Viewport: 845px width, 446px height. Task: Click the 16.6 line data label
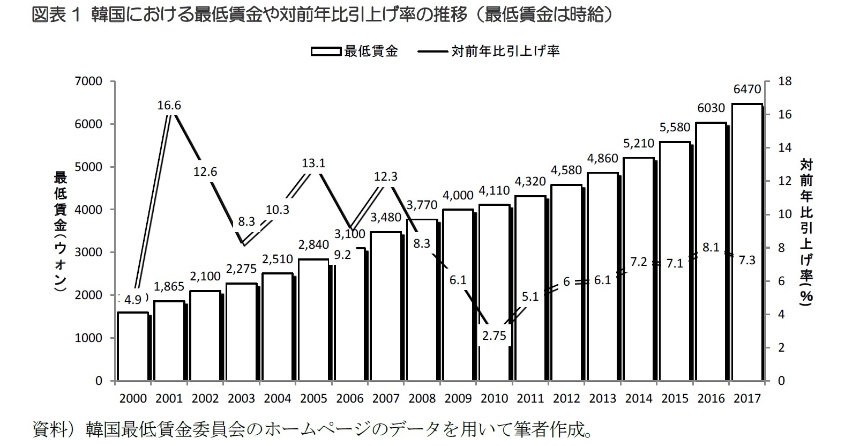point(169,106)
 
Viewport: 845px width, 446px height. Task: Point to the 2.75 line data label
point(494,336)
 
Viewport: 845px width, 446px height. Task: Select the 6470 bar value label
point(747,90)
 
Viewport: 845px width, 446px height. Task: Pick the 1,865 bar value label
point(169,287)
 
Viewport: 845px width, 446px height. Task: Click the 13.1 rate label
point(313,163)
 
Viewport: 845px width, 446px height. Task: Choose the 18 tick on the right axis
point(784,81)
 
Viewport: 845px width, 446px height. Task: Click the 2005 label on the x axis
point(313,399)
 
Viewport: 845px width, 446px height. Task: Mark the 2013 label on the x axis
point(602,399)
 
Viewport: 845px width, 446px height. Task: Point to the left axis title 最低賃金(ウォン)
point(60,232)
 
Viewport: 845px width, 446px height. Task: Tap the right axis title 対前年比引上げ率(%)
point(806,232)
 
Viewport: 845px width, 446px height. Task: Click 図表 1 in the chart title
point(56,15)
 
